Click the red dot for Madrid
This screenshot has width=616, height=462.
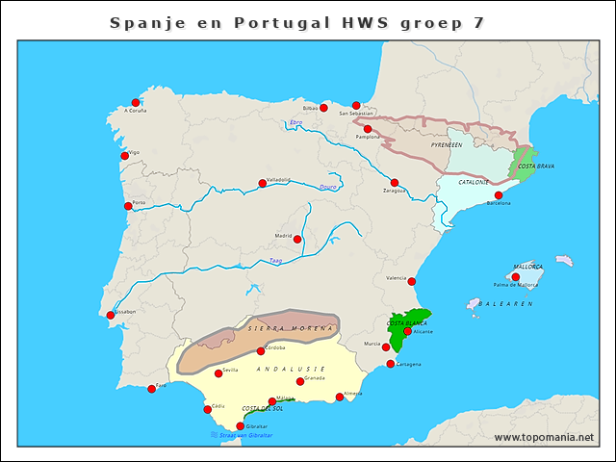coord(297,240)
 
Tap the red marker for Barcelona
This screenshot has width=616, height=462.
coord(499,195)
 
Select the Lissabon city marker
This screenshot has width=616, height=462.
coord(110,314)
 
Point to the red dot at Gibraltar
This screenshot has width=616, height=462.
coord(241,425)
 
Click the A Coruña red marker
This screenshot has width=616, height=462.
coord(136,102)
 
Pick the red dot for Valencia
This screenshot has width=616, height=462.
coord(412,282)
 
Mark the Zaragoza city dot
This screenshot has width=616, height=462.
coord(394,183)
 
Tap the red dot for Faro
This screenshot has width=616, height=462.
coord(151,389)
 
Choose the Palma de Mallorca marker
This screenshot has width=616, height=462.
coord(516,277)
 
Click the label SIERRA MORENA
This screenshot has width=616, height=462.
coord(291,328)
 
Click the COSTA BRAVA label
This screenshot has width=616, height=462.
coord(536,166)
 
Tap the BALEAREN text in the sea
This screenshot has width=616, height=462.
coord(506,303)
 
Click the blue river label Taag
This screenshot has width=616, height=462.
coord(275,259)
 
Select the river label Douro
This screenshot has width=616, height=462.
coord(328,187)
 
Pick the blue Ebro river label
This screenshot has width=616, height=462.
coord(295,122)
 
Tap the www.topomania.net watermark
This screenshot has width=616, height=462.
coord(544,437)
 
